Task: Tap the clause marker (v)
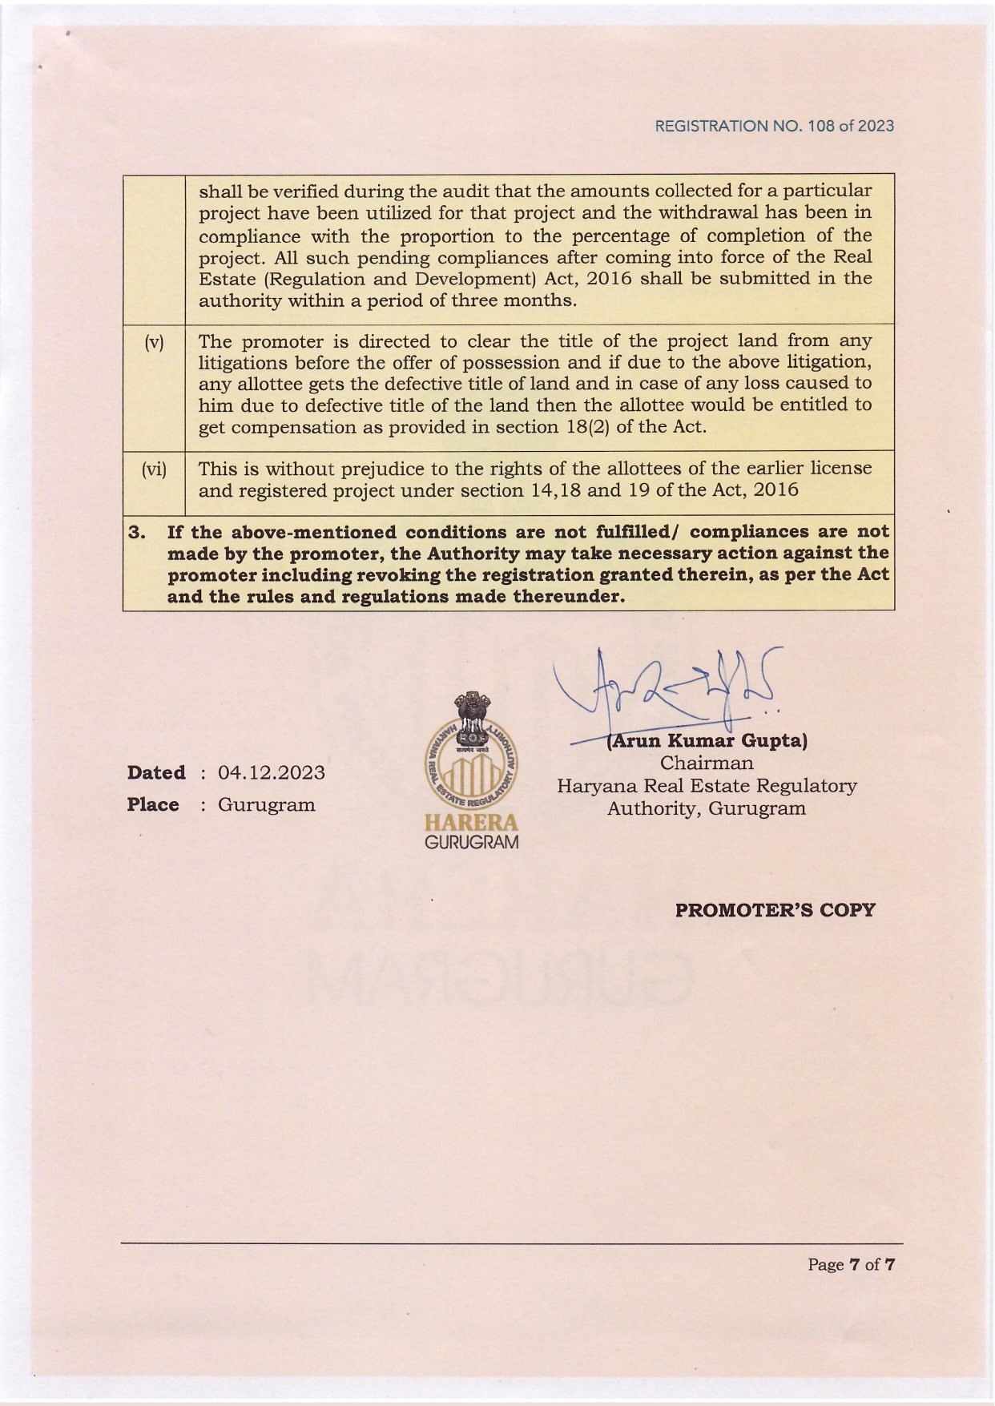154,342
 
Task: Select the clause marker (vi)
154,469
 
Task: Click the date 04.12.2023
272,772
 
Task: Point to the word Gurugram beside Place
266,804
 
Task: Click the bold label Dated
156,772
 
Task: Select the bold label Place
153,804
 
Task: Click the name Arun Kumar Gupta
707,740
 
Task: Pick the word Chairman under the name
707,763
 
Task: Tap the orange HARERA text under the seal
471,823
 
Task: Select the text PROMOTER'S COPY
775,910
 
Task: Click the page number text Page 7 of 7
851,1264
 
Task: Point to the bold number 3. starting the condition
137,532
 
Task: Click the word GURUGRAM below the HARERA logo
472,842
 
